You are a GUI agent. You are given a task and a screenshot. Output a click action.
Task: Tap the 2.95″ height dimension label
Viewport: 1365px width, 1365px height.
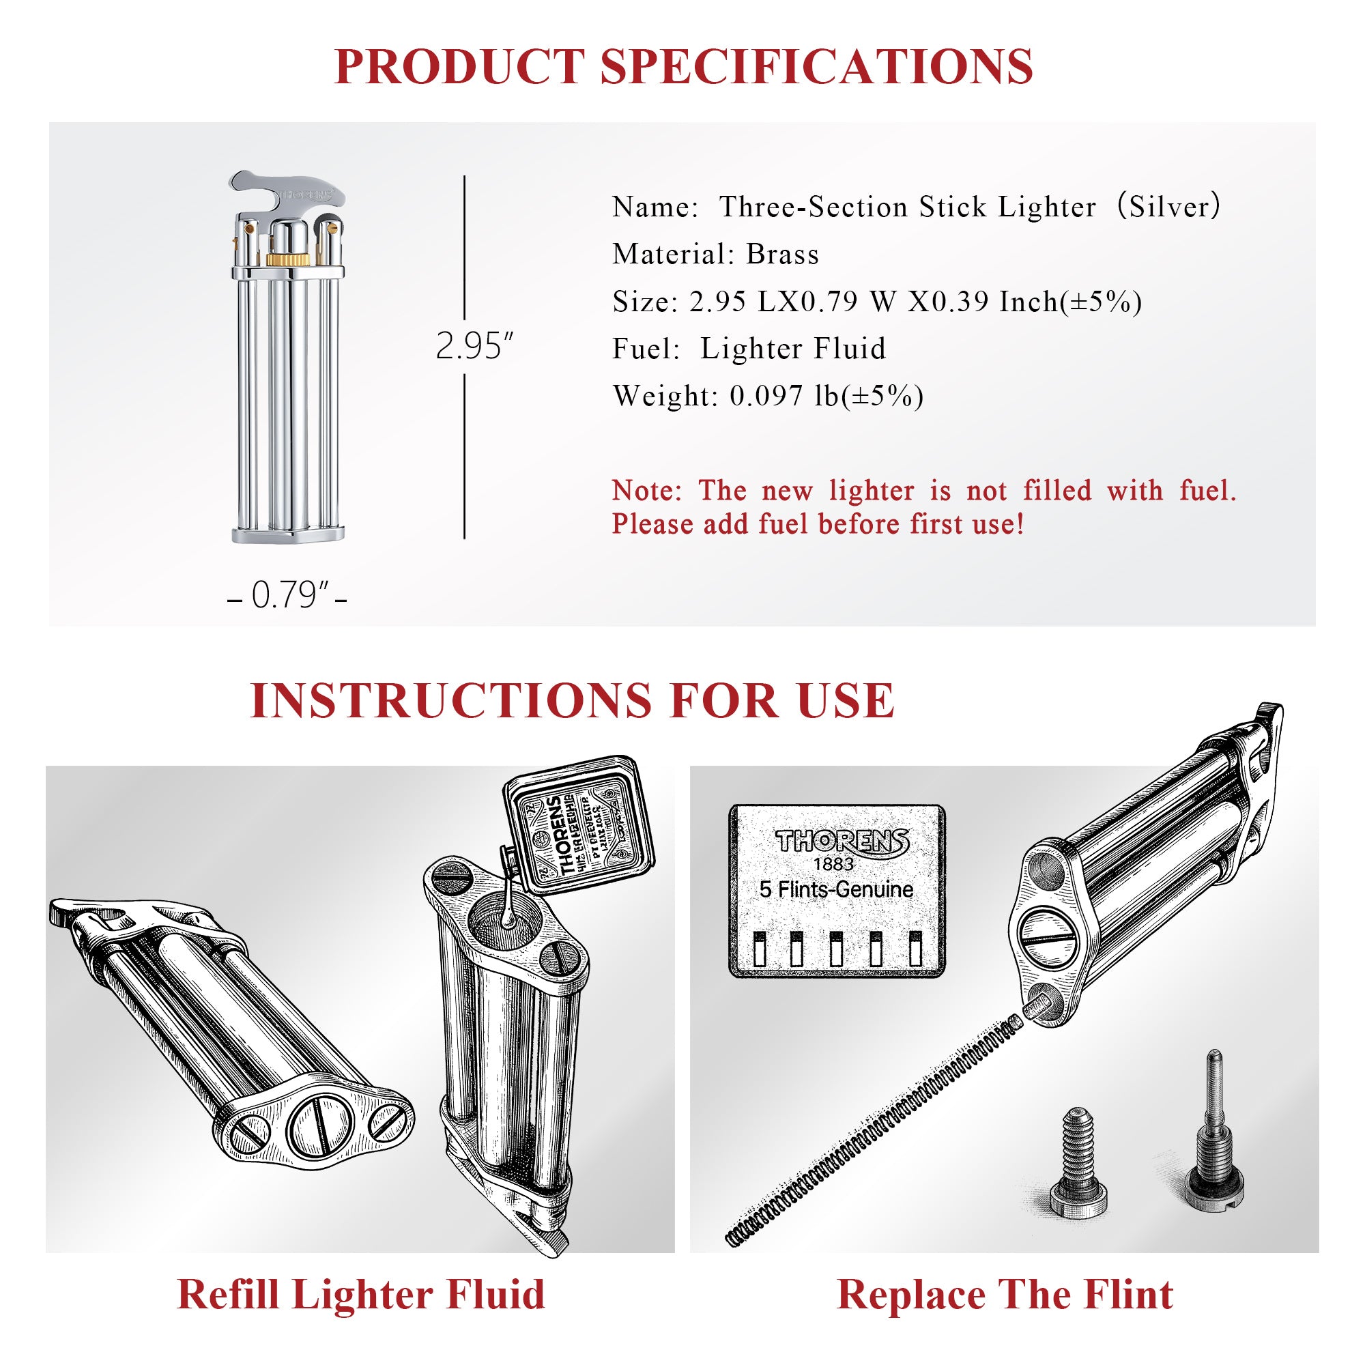click(474, 346)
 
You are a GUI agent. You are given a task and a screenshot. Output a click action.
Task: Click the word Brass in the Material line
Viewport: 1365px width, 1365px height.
click(782, 255)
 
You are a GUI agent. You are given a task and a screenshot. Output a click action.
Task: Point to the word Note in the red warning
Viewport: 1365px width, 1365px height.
click(642, 491)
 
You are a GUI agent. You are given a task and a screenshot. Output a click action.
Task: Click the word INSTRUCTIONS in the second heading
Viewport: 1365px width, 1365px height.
click(450, 701)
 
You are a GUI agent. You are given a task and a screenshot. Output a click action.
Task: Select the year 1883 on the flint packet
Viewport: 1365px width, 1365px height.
click(834, 864)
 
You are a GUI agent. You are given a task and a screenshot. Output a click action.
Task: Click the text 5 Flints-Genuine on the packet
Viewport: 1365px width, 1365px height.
click(837, 889)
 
